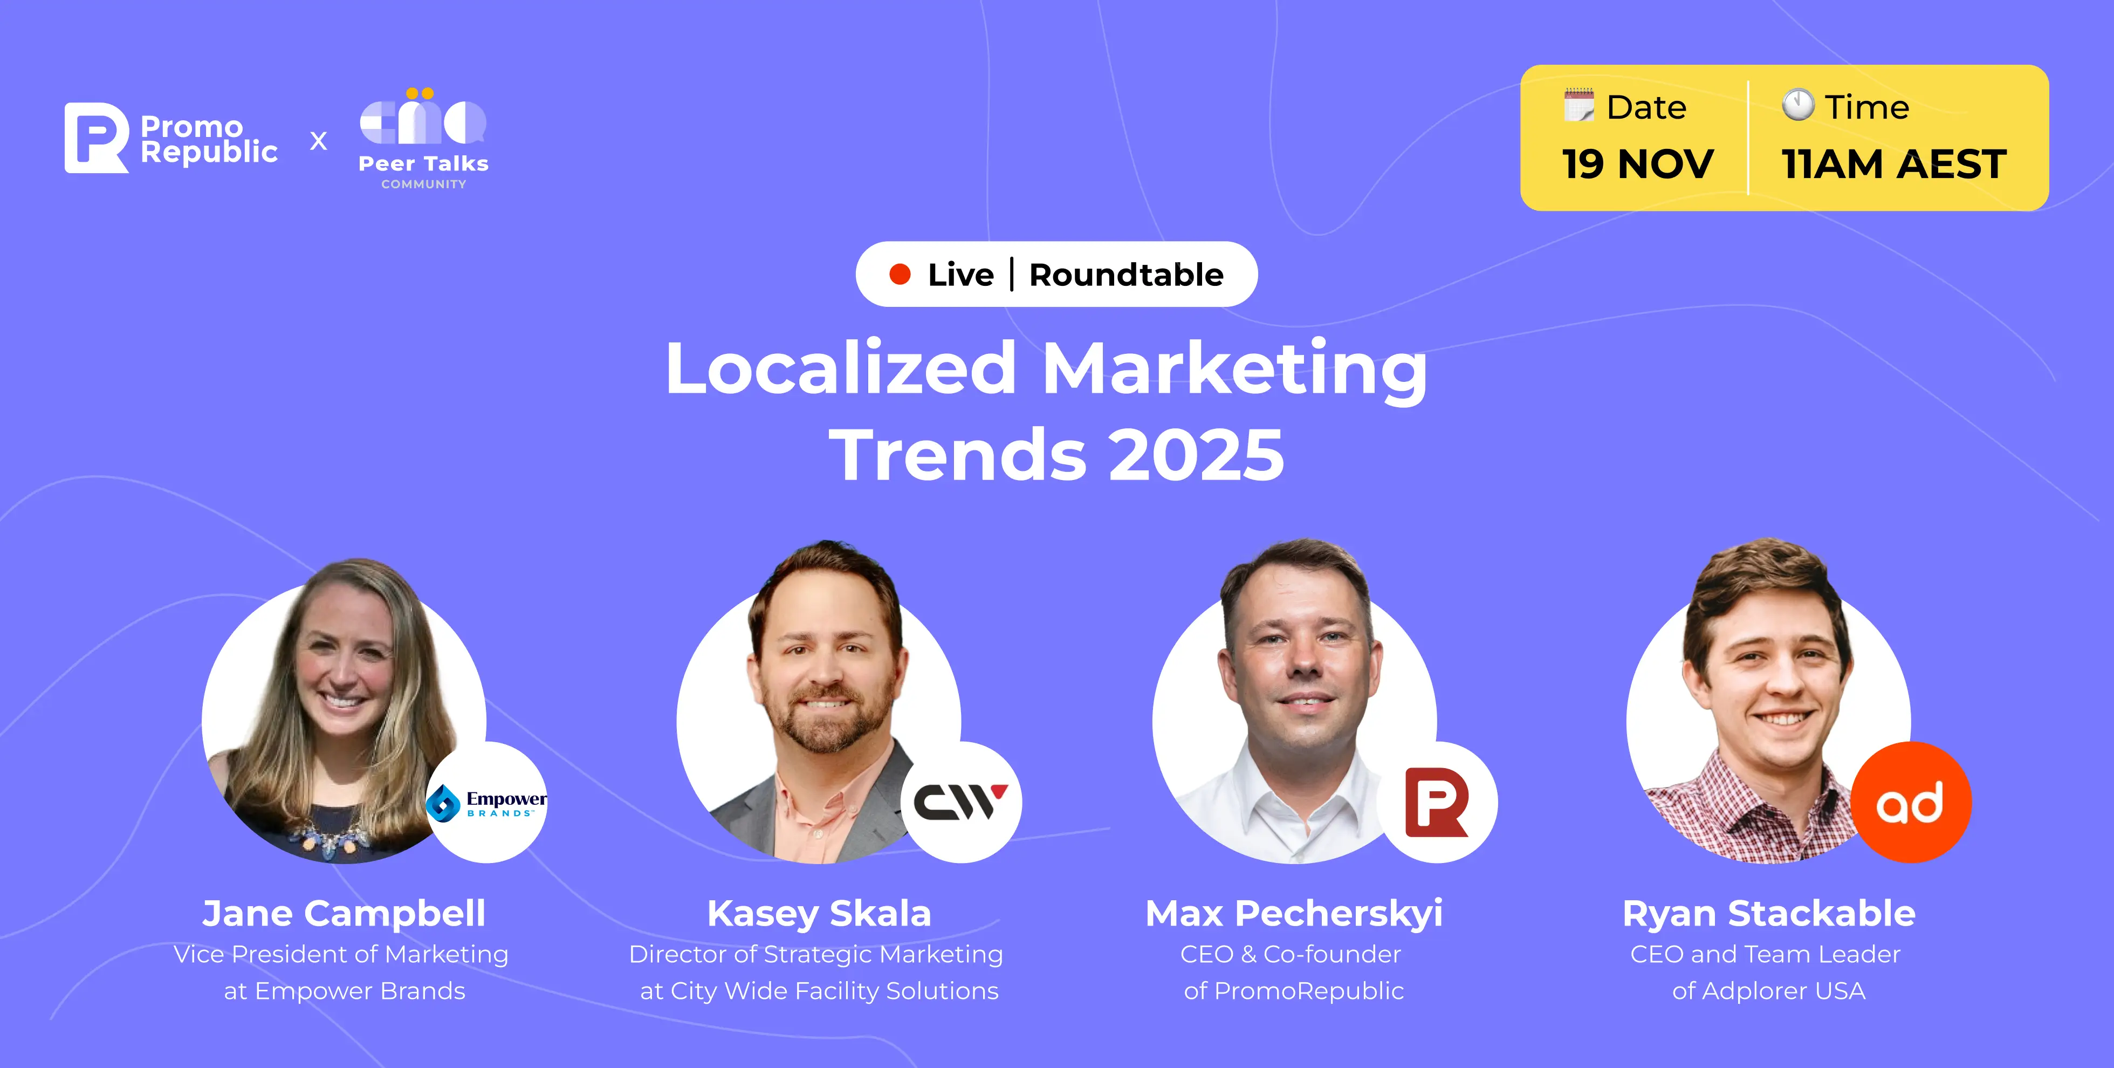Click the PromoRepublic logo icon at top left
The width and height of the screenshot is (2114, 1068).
coord(96,138)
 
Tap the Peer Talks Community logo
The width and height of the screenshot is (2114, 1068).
coord(423,139)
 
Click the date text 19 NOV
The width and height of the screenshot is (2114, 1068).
coord(1638,164)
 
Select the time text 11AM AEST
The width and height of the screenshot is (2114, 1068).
coord(1894,164)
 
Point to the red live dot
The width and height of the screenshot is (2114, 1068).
coord(900,274)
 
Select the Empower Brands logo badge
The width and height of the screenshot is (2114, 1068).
coord(486,802)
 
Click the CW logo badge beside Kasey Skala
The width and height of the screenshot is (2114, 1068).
coord(961,802)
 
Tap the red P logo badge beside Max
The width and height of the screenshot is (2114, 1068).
coord(1437,802)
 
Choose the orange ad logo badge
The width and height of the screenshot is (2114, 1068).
coord(1911,802)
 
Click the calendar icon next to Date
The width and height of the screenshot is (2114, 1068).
coord(1579,106)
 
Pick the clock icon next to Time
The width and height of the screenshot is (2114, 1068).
coord(1798,105)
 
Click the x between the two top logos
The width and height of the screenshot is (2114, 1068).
coord(318,141)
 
